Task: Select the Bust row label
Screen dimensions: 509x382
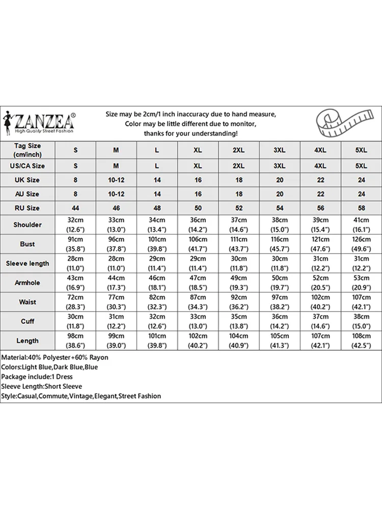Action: [28, 244]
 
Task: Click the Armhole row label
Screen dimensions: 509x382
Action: [28, 282]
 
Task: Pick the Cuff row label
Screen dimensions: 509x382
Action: [28, 321]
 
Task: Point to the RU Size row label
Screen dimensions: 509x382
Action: [28, 208]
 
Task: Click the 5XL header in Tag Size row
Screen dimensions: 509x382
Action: [361, 150]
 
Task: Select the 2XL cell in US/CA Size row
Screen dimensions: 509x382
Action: [239, 166]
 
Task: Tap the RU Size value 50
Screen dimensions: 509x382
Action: [198, 208]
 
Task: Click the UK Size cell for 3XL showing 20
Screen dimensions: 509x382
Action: [280, 180]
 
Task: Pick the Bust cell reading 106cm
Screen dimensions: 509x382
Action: [198, 244]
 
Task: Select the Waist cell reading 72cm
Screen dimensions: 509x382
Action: [75, 302]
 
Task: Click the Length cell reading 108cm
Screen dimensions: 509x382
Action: [361, 341]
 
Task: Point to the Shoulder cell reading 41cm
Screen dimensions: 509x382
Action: [361, 224]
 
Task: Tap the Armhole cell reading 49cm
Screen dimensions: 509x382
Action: [239, 282]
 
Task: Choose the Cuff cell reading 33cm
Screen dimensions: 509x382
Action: [198, 321]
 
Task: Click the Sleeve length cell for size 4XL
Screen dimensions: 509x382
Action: [320, 263]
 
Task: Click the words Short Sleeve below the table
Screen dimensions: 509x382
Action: [63, 386]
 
